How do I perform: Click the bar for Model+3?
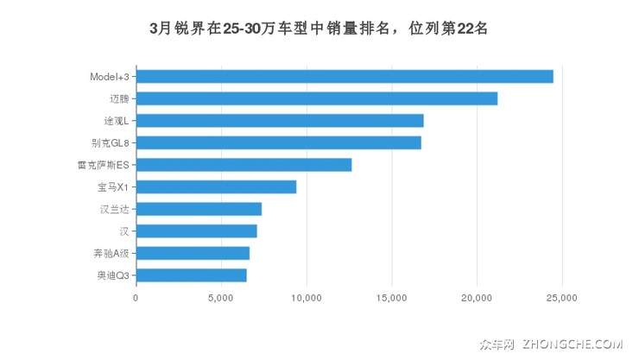(345, 76)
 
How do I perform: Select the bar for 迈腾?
(317, 98)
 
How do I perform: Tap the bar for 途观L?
(280, 120)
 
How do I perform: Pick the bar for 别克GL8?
(279, 142)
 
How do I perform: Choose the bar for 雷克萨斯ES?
(244, 165)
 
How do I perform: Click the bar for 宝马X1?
(216, 186)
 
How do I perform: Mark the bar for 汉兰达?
(199, 209)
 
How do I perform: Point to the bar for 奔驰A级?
(193, 253)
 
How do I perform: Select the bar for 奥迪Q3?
(191, 275)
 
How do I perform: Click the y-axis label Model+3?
(110, 76)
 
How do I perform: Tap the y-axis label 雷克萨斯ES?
(103, 165)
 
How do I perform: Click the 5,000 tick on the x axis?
(221, 299)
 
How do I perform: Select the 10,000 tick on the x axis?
(307, 299)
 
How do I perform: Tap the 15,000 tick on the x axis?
(391, 299)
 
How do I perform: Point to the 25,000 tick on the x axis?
(562, 299)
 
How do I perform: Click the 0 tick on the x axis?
(136, 299)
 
